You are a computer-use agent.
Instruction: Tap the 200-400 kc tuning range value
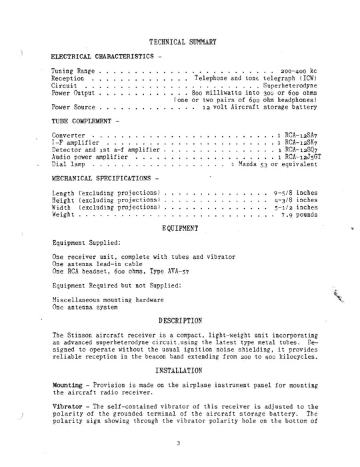(295, 70)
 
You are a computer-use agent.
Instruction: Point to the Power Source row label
(73, 107)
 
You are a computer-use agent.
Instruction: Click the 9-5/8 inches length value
(291, 192)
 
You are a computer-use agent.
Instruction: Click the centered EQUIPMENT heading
(181, 229)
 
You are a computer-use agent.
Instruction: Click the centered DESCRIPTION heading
(180, 321)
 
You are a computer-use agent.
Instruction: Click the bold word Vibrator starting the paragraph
(67, 407)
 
